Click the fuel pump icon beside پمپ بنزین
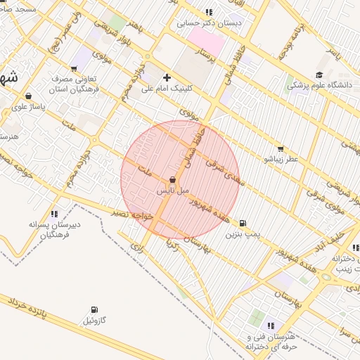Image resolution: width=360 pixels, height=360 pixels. (243, 223)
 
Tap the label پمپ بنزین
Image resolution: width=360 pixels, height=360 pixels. (238, 235)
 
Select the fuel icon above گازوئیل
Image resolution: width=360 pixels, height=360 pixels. (94, 309)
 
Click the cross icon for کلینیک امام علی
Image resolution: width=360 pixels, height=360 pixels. (167, 77)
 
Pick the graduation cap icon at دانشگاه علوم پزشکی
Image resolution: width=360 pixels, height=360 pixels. (319, 75)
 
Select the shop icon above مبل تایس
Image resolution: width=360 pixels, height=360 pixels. (172, 180)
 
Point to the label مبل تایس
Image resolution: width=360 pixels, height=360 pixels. (172, 191)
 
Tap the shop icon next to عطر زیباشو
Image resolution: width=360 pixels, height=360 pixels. (281, 148)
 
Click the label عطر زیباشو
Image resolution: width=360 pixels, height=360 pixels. (281, 160)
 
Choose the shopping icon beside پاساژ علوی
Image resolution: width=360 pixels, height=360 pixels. (27, 96)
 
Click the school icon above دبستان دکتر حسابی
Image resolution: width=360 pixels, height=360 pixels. (209, 11)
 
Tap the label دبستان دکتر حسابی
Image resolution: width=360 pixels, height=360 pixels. (209, 22)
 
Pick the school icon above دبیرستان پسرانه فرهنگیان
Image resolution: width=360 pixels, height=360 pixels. (54, 213)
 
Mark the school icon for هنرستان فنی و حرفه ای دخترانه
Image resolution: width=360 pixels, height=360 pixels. (270, 326)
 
